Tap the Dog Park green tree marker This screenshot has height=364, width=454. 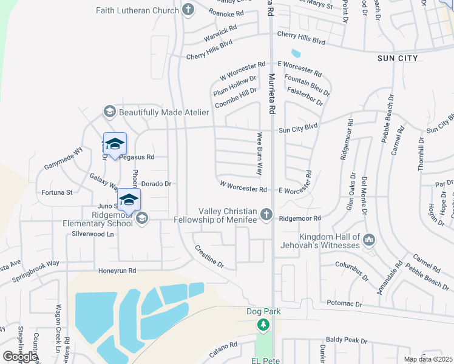point(263,326)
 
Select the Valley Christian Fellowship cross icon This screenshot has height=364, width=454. point(266,214)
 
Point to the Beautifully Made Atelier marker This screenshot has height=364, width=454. point(110,112)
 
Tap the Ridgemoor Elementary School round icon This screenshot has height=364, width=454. point(142,218)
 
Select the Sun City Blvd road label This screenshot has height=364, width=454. point(298,128)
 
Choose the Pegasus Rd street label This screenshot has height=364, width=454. point(137,157)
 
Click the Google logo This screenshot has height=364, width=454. point(20,356)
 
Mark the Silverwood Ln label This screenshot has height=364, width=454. point(93,234)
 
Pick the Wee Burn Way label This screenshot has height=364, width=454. point(260,154)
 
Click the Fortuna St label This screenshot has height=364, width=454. point(57,192)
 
